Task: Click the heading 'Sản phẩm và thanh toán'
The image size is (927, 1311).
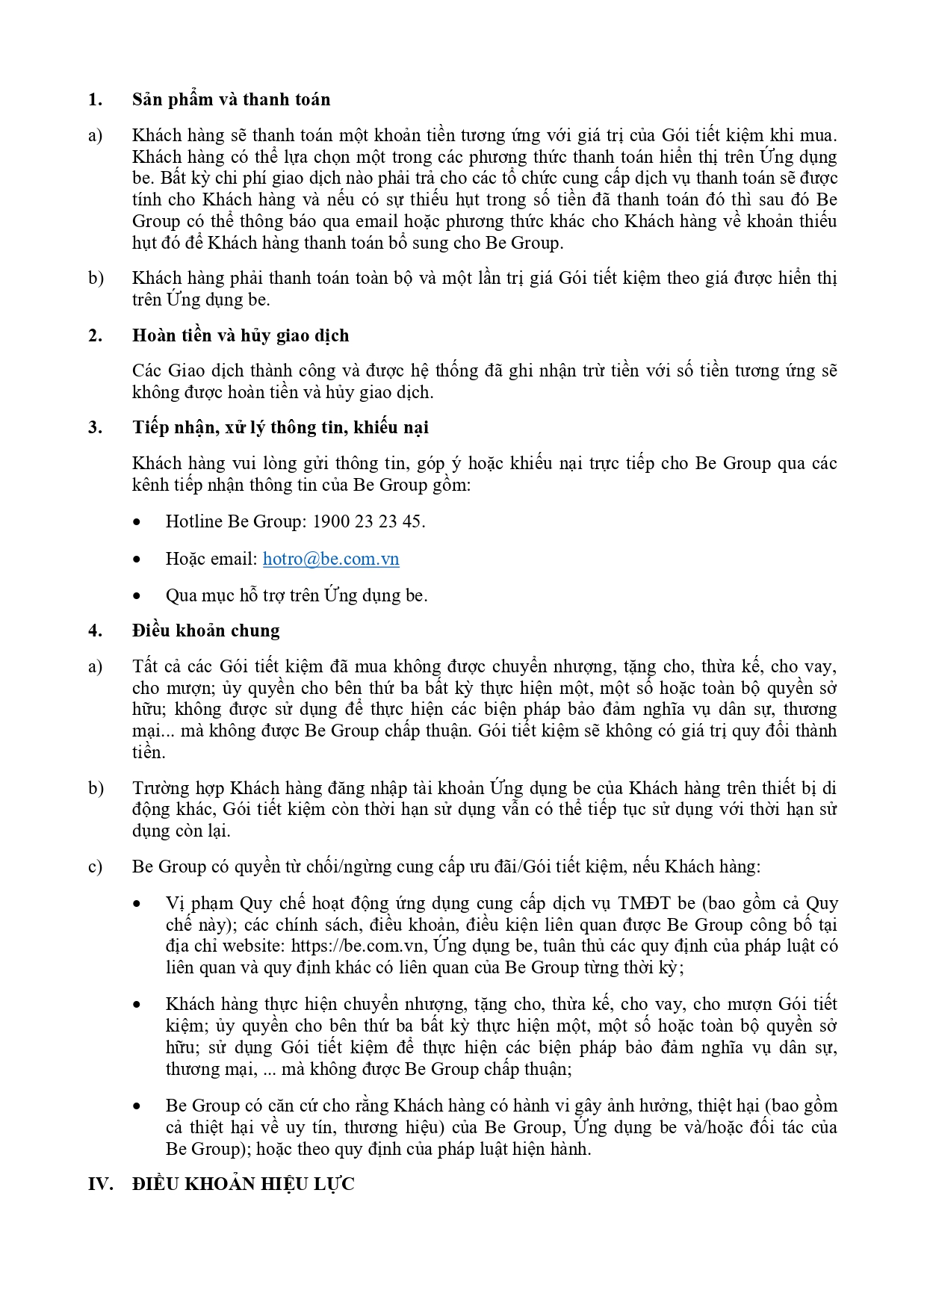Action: [231, 99]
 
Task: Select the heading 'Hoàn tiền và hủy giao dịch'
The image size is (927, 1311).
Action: [241, 335]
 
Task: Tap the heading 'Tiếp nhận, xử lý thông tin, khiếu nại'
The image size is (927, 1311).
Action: [280, 427]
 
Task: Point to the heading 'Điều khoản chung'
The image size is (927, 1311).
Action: [205, 630]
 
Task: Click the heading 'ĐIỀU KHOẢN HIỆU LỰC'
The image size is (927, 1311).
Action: [243, 1184]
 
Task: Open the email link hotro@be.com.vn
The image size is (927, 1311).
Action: [331, 559]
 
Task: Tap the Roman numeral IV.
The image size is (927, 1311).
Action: [100, 1184]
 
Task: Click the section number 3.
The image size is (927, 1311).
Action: [95, 427]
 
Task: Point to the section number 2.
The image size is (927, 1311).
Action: [95, 335]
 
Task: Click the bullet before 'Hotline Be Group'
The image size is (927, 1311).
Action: [137, 522]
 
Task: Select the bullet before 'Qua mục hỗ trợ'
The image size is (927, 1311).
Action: [137, 596]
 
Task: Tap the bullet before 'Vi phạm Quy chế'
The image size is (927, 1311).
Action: [137, 904]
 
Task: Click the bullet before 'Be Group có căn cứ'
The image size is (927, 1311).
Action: [137, 1106]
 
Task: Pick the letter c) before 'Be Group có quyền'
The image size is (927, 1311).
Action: [95, 867]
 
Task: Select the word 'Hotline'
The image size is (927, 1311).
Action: [193, 521]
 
